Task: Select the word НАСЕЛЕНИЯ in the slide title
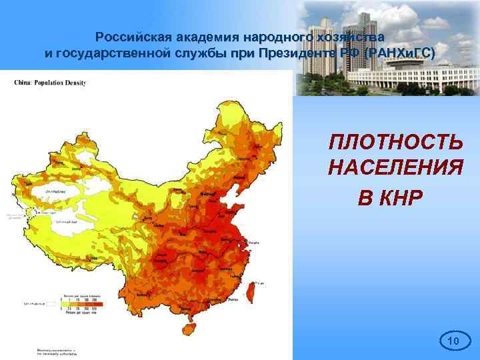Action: click(x=395, y=168)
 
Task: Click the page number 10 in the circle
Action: click(x=453, y=342)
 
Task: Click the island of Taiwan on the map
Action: click(x=253, y=287)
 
